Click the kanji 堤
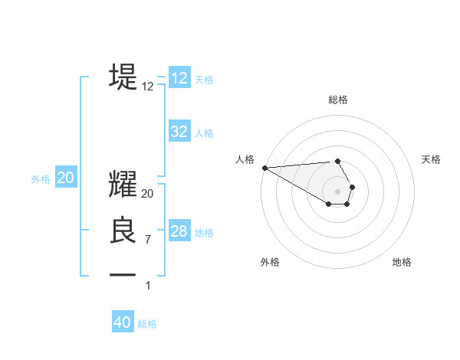[x=123, y=76]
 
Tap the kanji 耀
[x=123, y=185]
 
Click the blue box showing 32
[x=179, y=132]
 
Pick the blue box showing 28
[x=179, y=231]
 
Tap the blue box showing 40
[x=123, y=322]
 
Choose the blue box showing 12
[x=179, y=78]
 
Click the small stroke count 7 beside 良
[x=148, y=240]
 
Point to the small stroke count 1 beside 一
[x=148, y=285]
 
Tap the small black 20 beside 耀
[x=148, y=195]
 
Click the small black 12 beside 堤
[x=148, y=87]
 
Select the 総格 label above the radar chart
[x=338, y=100]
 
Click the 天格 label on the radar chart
[x=431, y=159]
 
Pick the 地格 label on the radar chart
[x=402, y=262]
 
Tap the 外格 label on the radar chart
[x=270, y=262]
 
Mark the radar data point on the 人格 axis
[x=264, y=168]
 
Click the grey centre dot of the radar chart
[x=338, y=191]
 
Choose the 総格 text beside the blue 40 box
[x=147, y=324]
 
